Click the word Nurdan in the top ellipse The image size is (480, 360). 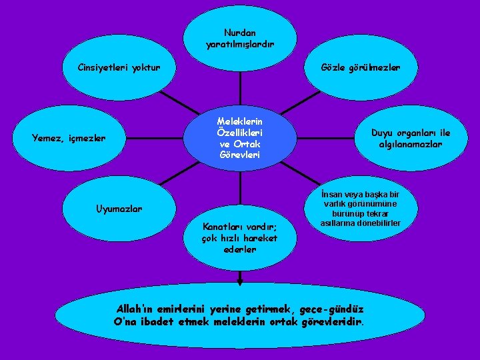[240, 32]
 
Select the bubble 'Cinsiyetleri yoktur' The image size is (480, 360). [119, 68]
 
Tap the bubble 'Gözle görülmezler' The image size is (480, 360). [360, 68]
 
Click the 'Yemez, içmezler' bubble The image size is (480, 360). [69, 139]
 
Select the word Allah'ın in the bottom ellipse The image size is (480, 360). [137, 309]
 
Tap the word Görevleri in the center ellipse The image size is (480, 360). [239, 155]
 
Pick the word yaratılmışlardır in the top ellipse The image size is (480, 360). [240, 44]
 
